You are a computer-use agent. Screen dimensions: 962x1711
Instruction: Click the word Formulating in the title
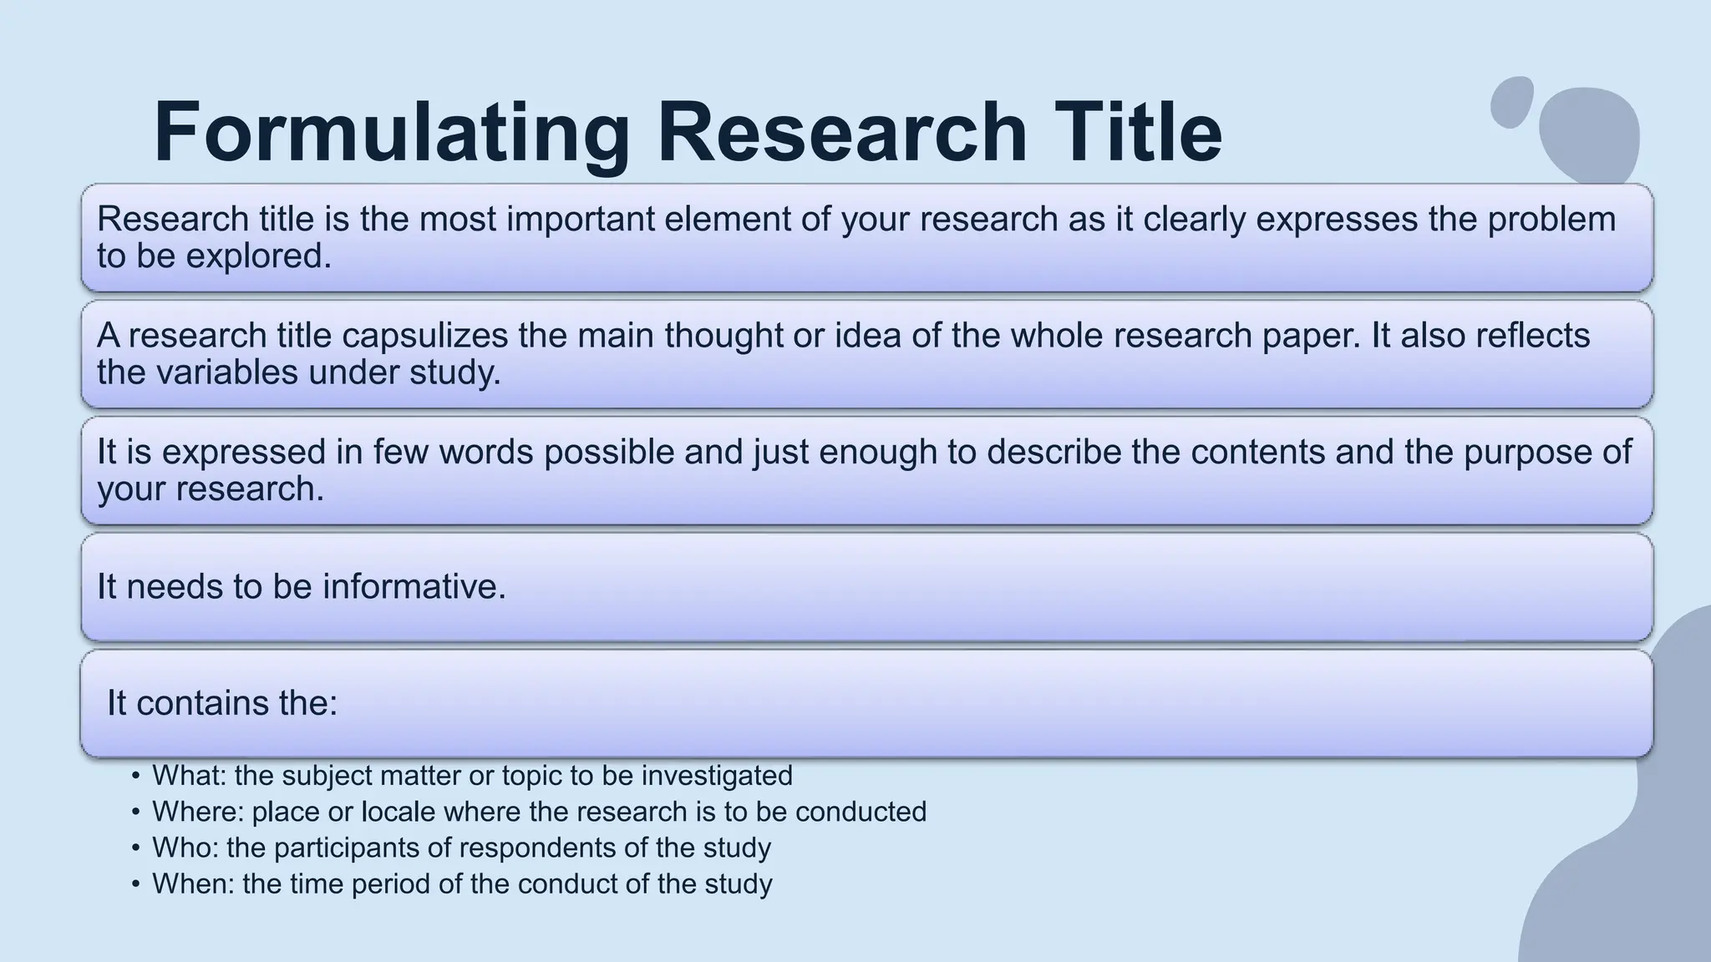(391, 134)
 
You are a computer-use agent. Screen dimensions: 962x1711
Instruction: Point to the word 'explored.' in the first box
(258, 256)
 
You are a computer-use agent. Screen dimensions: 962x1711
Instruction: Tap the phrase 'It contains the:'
(222, 703)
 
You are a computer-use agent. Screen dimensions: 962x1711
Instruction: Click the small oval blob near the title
(1511, 102)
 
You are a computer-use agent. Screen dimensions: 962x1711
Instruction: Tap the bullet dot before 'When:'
(136, 884)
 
